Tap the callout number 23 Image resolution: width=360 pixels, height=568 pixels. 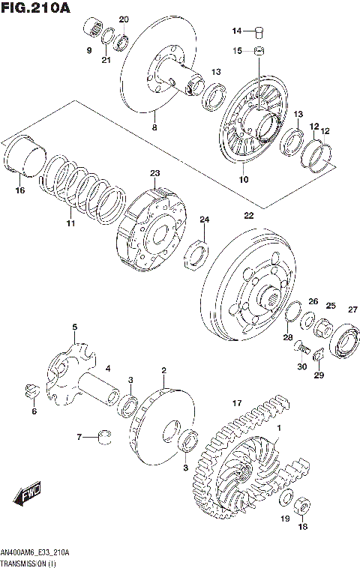pyautogui.click(x=154, y=173)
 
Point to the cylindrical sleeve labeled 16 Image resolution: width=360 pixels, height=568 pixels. pyautogui.click(x=22, y=158)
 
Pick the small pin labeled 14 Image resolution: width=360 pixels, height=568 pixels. pyautogui.click(x=259, y=31)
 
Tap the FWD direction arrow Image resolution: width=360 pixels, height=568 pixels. pyautogui.click(x=26, y=495)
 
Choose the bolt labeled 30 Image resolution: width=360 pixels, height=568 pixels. pyautogui.click(x=301, y=348)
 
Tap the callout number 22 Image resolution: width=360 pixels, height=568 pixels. pyautogui.click(x=249, y=216)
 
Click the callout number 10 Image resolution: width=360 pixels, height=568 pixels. pyautogui.click(x=242, y=180)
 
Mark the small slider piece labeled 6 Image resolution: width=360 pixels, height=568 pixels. pyautogui.click(x=31, y=389)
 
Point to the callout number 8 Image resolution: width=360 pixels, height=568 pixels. pyautogui.click(x=154, y=128)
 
